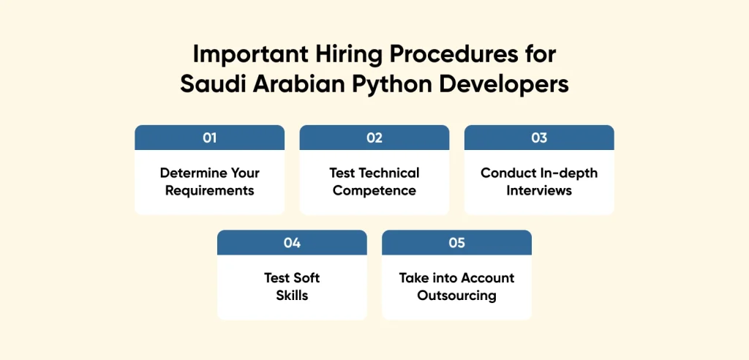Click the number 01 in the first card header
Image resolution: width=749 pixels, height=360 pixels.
pos(209,138)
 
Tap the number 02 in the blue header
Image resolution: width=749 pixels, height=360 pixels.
pos(374,138)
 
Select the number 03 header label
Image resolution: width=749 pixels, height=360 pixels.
pos(539,138)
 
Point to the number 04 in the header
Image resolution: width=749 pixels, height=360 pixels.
pos(292,243)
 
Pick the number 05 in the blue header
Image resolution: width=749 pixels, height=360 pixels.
pos(456,243)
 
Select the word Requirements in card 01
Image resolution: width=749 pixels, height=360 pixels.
pos(209,191)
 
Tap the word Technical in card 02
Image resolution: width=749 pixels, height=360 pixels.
pos(389,173)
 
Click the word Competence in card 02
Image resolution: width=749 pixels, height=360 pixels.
pos(374,191)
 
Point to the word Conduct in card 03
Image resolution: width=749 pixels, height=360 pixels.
pos(505,173)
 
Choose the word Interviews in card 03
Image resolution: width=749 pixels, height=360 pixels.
pos(539,191)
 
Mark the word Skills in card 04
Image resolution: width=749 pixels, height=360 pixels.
pos(292,296)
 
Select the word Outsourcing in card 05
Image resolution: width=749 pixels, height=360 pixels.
pos(456,296)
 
